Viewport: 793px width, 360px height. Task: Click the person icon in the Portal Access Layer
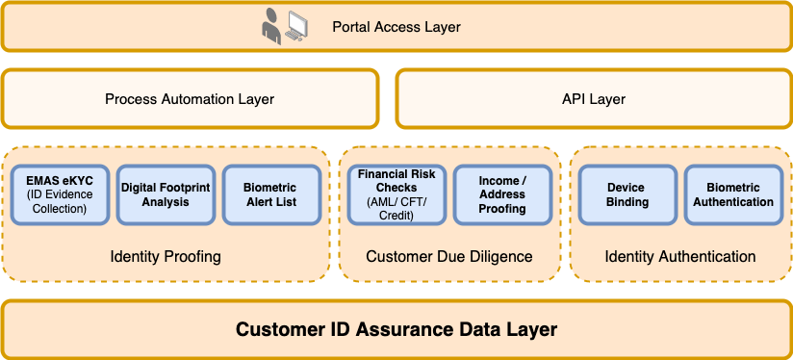(x=270, y=27)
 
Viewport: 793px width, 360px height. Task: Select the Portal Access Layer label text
(x=396, y=27)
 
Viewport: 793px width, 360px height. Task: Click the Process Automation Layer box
(x=190, y=98)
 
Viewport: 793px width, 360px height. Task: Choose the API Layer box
(x=594, y=98)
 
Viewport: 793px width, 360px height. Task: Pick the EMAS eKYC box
(x=61, y=194)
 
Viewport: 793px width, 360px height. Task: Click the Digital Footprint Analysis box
(x=166, y=194)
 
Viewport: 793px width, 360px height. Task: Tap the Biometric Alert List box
(x=271, y=194)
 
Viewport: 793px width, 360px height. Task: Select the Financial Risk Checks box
(x=397, y=194)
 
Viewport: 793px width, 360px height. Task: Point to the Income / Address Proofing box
(x=502, y=194)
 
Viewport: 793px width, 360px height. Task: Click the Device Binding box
(x=627, y=194)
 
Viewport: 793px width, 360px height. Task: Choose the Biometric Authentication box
(x=733, y=194)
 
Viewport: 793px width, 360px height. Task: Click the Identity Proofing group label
(x=166, y=256)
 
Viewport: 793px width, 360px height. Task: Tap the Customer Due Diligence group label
(x=449, y=256)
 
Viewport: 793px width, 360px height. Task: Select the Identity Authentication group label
(x=680, y=256)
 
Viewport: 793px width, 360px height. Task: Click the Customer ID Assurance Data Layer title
(x=396, y=329)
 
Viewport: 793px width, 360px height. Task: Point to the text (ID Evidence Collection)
(x=60, y=201)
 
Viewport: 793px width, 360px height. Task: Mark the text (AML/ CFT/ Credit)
(x=396, y=209)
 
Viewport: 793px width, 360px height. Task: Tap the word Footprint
(x=184, y=188)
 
